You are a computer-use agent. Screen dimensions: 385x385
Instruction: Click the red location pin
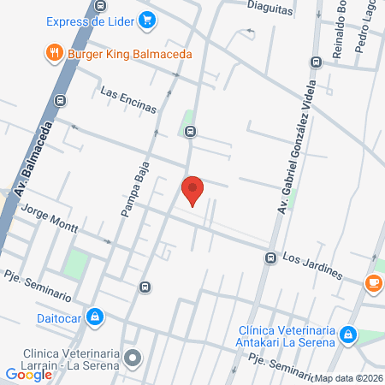pyautogui.click(x=192, y=189)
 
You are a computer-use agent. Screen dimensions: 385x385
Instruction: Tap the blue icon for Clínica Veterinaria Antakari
pyautogui.click(x=347, y=335)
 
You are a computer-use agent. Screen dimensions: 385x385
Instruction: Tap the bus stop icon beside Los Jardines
pyautogui.click(x=270, y=258)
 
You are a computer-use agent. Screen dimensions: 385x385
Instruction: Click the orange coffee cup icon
pyautogui.click(x=373, y=282)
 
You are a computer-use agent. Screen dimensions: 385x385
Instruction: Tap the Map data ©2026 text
pyautogui.click(x=348, y=378)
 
